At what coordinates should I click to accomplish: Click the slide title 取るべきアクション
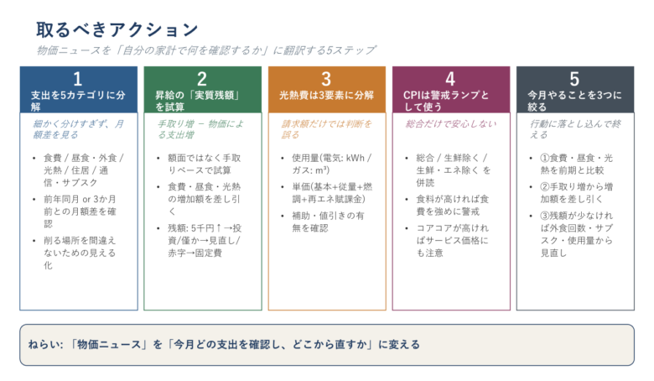(117, 30)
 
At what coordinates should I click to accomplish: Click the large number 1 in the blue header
(78, 79)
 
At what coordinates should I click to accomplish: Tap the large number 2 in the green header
(202, 79)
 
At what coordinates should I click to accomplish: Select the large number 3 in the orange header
(326, 79)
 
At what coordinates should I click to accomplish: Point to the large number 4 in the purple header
(450, 79)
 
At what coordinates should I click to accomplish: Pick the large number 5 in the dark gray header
(574, 79)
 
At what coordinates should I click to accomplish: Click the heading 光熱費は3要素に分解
(326, 95)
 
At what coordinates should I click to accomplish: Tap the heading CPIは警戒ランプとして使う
(446, 101)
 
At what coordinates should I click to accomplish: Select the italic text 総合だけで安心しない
(451, 124)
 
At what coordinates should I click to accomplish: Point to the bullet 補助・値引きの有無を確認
(328, 222)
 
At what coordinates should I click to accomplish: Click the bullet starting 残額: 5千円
(205, 240)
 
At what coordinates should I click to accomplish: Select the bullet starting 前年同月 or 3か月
(80, 211)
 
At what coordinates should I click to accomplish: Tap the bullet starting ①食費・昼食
(576, 164)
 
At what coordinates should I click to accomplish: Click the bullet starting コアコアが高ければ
(453, 240)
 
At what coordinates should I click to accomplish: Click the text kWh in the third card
(355, 158)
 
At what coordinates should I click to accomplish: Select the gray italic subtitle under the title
(206, 50)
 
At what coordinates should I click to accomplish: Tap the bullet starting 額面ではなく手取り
(205, 164)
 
